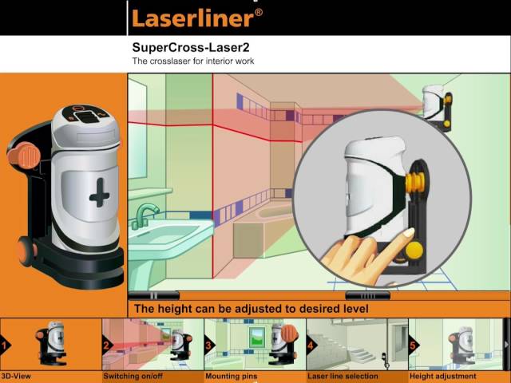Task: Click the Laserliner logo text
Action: (197, 18)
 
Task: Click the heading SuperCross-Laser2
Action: (191, 48)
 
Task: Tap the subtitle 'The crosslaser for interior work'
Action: (193, 61)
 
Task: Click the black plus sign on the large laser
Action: (99, 192)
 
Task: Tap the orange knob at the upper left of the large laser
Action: (24, 156)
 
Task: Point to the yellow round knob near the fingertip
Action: (414, 251)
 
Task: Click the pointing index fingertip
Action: (408, 232)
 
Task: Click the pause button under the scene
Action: (154, 296)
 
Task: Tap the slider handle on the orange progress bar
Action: (367, 296)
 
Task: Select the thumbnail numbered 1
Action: (51, 345)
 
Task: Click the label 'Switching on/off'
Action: (133, 377)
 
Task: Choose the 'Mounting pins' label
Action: (231, 377)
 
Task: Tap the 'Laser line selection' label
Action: (343, 377)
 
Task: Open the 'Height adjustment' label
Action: (442, 377)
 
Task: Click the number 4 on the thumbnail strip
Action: (311, 345)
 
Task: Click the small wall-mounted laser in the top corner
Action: (438, 105)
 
